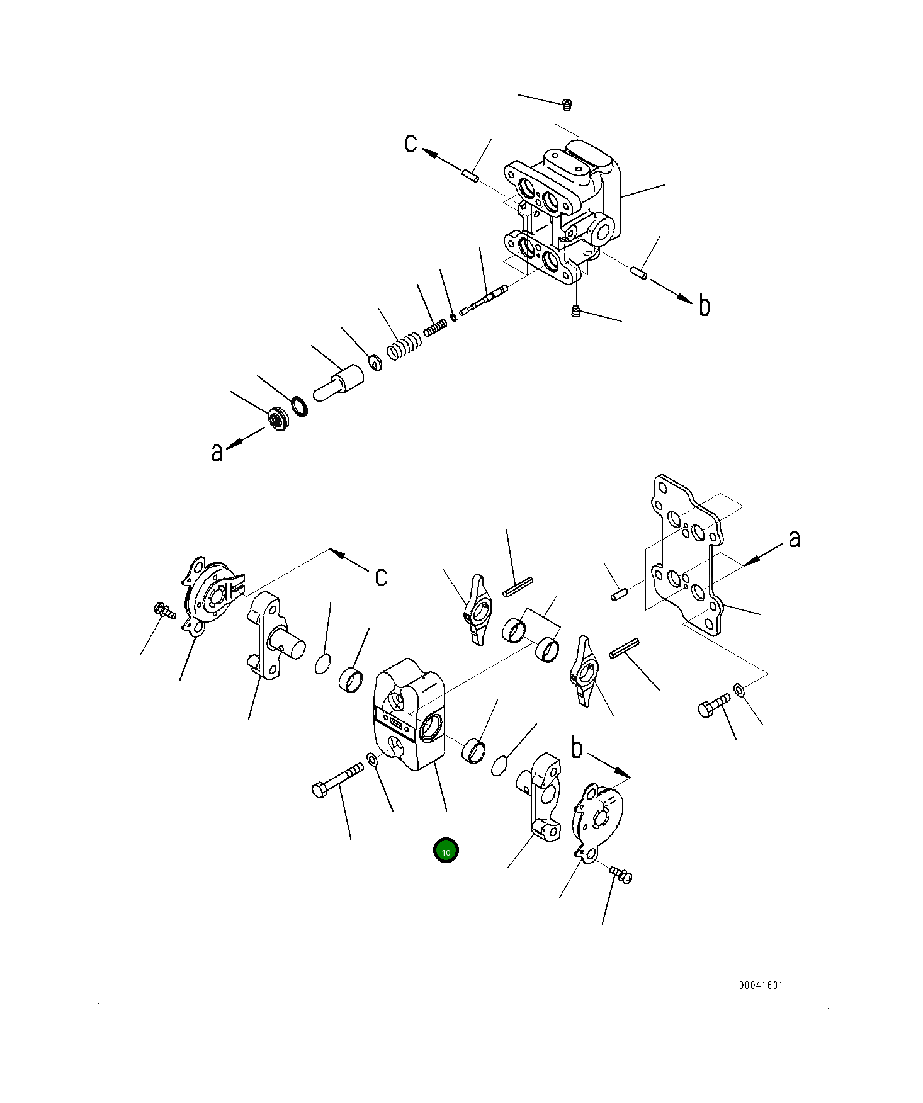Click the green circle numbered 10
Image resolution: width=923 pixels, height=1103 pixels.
click(x=446, y=851)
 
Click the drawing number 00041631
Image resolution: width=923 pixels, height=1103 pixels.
click(x=761, y=986)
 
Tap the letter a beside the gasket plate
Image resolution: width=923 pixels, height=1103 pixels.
click(x=795, y=538)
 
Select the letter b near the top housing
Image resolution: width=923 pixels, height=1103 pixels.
click(x=705, y=306)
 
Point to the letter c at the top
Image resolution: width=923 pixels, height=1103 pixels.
click(x=411, y=143)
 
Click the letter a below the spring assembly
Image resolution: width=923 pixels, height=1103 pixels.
click(x=217, y=451)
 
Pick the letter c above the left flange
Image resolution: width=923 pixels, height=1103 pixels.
click(x=381, y=577)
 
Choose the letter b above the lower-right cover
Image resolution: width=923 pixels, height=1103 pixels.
click(x=577, y=748)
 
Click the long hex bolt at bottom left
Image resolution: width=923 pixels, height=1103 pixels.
click(x=337, y=779)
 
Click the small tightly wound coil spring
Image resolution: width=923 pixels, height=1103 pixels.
click(x=434, y=327)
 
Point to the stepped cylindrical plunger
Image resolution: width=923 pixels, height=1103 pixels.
click(x=339, y=383)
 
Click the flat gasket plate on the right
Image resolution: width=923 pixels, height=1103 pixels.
click(x=686, y=554)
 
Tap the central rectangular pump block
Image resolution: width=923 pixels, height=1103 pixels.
click(x=410, y=715)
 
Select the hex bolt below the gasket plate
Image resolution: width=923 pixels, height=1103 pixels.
click(x=713, y=706)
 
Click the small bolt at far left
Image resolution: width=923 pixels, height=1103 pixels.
click(x=164, y=610)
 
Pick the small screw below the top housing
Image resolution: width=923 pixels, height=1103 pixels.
click(x=575, y=310)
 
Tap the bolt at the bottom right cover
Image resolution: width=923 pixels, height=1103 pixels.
click(x=621, y=874)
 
